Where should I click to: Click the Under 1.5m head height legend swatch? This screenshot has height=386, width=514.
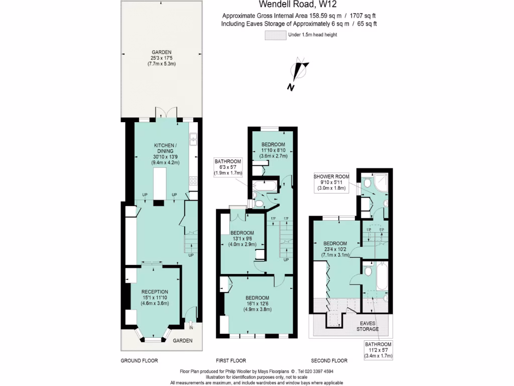(275, 35)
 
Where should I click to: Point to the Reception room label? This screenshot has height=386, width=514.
(155, 298)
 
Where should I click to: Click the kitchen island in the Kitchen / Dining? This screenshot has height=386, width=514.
(160, 183)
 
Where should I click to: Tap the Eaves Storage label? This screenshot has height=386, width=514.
(368, 326)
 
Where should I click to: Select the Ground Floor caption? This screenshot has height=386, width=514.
(139, 360)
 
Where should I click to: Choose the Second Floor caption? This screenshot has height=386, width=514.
(329, 360)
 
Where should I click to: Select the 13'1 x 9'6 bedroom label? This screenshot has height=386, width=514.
(242, 239)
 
